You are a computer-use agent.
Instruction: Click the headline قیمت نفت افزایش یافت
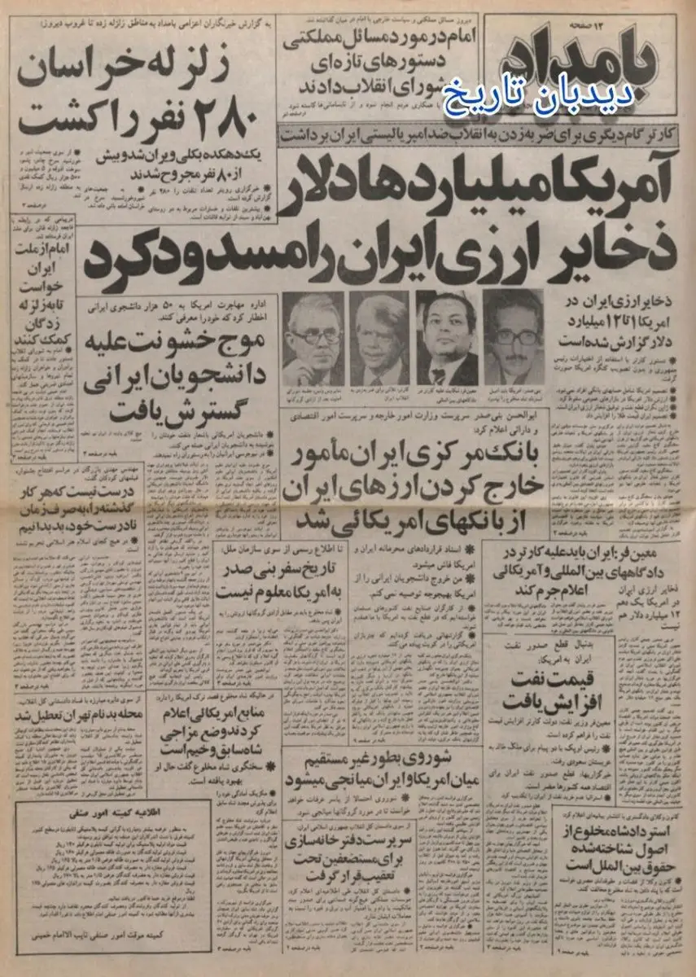(550, 688)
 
